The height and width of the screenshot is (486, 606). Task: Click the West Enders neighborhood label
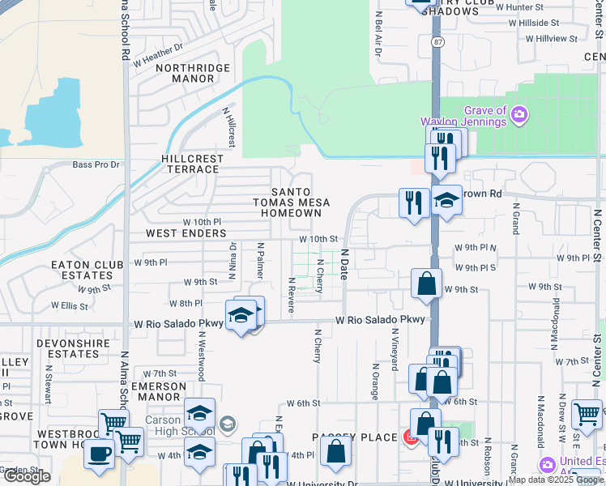[186, 233]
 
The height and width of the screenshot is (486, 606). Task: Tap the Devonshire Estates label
[68, 349]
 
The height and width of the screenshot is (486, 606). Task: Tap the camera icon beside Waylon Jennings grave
[519, 117]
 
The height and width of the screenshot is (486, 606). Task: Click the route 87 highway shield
[437, 41]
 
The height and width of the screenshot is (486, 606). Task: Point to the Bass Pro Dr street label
[96, 164]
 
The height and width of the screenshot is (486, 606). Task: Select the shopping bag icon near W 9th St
[426, 283]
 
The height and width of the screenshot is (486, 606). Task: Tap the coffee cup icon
[100, 454]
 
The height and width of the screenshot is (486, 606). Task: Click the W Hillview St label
[551, 38]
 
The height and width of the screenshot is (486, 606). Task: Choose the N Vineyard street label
[395, 349]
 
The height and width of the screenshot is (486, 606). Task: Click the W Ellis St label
[69, 306]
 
